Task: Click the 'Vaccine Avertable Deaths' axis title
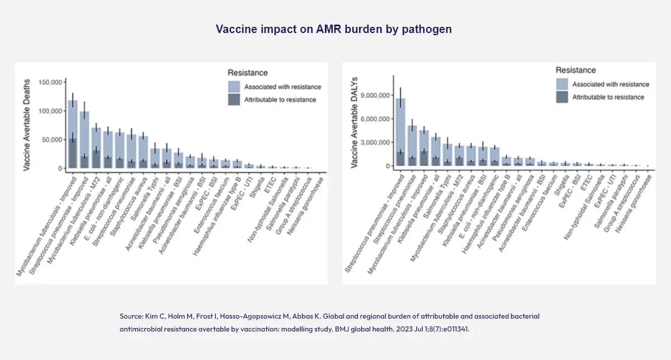point(27,124)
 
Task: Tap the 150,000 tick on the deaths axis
point(50,82)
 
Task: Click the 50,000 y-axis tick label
point(52,140)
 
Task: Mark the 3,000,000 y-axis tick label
point(376,143)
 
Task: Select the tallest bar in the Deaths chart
point(73,134)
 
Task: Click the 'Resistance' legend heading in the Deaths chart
point(248,73)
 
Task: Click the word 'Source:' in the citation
point(131,316)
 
